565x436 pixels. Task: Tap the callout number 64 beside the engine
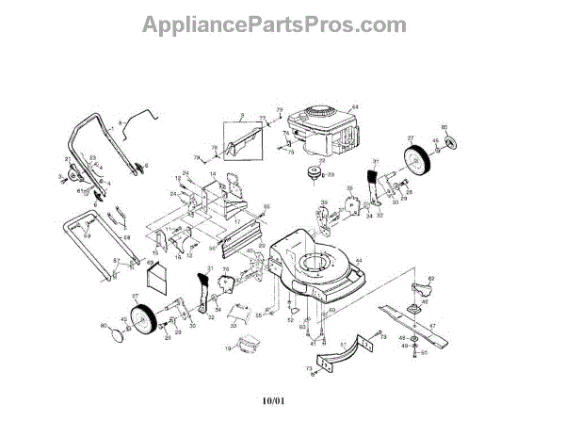(x=357, y=107)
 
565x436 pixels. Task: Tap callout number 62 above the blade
(x=431, y=279)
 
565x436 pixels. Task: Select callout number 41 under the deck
(x=313, y=343)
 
